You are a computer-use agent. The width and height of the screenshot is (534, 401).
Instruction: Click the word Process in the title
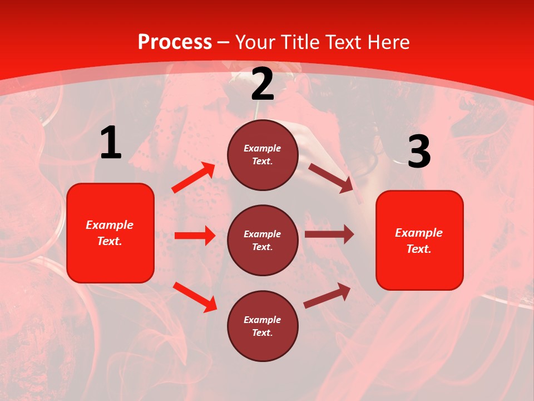175,42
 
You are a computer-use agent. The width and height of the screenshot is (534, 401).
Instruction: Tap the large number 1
111,143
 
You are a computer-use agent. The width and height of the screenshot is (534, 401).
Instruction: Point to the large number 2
263,85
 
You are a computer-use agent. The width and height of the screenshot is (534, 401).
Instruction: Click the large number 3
419,152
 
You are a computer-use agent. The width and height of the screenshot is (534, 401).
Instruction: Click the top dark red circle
263,155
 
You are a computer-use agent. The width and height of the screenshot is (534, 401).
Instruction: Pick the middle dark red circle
263,240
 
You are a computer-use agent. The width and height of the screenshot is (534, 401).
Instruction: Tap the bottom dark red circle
263,326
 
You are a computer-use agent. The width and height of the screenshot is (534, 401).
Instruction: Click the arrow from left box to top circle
194,178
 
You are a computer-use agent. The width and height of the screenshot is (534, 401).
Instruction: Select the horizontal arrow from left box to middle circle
195,236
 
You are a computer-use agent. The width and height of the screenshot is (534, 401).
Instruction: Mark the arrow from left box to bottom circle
195,297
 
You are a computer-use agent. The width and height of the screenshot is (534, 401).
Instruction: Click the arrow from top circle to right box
331,178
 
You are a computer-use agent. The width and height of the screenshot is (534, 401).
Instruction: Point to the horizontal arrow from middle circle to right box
329,234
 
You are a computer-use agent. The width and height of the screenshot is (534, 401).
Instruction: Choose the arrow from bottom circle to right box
327,296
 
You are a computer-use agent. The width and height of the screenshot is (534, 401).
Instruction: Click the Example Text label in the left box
110,233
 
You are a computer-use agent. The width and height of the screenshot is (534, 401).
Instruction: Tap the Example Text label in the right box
419,241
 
